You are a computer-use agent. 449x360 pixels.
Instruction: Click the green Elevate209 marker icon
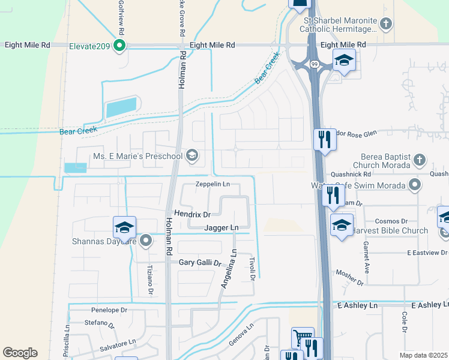[x=119, y=46]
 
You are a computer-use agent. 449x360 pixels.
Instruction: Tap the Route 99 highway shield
[x=314, y=62]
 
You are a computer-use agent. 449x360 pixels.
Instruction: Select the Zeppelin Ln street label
[x=213, y=184]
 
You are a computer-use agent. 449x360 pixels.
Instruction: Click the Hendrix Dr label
[x=192, y=214]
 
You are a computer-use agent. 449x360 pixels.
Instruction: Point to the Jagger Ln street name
[x=221, y=228]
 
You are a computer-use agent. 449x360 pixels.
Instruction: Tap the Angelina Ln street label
[x=228, y=271]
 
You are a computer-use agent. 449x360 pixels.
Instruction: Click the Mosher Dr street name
[x=349, y=276]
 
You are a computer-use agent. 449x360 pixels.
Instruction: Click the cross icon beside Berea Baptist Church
[x=420, y=160]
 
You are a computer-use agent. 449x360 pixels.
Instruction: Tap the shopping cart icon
[x=303, y=338]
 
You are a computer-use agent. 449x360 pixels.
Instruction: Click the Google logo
[x=20, y=352]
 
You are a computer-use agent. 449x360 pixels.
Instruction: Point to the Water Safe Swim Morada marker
[x=414, y=185]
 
